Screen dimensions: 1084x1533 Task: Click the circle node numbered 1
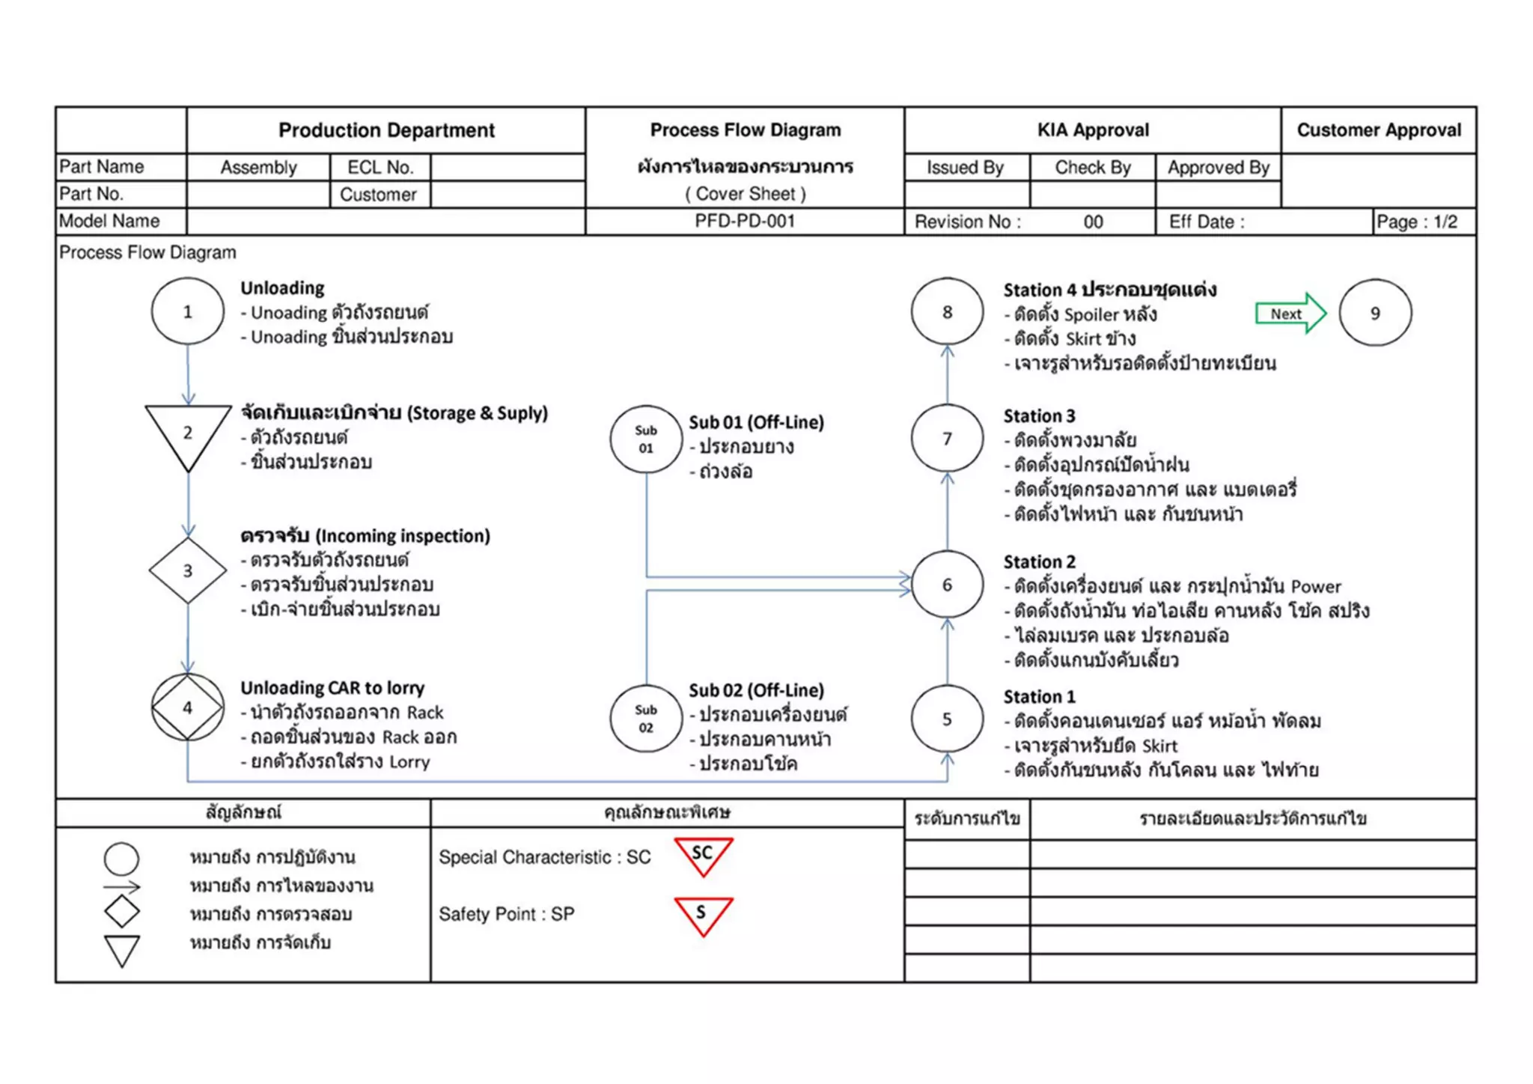pyautogui.click(x=187, y=311)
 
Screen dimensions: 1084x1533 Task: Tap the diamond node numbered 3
pyautogui.click(x=188, y=570)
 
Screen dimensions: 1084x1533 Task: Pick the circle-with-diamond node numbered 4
pyautogui.click(x=187, y=707)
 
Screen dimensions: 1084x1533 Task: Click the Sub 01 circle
pyautogui.click(x=646, y=439)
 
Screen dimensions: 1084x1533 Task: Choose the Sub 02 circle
pyautogui.click(x=646, y=719)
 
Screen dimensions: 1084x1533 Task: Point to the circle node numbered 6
pyautogui.click(x=947, y=585)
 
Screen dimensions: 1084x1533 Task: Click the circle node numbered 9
pyautogui.click(x=1375, y=313)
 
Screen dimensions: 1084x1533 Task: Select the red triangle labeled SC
pyautogui.click(x=703, y=856)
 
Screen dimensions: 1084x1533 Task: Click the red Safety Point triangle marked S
pyautogui.click(x=703, y=915)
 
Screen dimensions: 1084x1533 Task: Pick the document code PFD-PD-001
pyautogui.click(x=745, y=222)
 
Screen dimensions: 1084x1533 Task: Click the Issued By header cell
pyautogui.click(x=966, y=168)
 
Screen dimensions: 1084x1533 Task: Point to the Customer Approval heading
pyautogui.click(x=1379, y=130)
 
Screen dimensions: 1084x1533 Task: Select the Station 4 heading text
pyautogui.click(x=1109, y=290)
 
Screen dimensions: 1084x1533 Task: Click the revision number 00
pyautogui.click(x=1093, y=222)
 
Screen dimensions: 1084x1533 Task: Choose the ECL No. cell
pyautogui.click(x=380, y=168)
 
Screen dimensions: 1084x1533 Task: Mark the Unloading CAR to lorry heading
pyautogui.click(x=332, y=688)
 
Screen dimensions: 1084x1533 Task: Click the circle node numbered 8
pyautogui.click(x=947, y=311)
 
